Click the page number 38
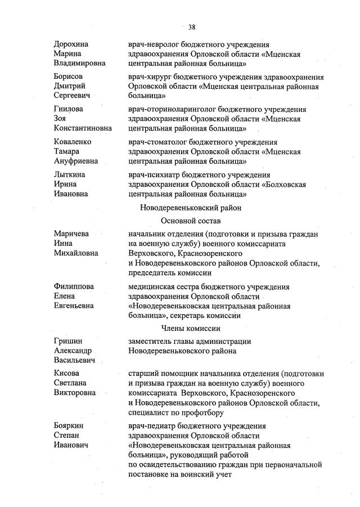[x=192, y=26]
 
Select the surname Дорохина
[x=71, y=44]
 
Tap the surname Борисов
[x=69, y=77]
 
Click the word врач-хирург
[x=149, y=77]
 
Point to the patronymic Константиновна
[x=83, y=128]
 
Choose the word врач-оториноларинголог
[x=172, y=109]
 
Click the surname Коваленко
[x=73, y=142]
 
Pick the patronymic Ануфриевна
[x=76, y=161]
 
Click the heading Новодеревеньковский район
[x=191, y=208]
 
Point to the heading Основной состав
[x=191, y=221]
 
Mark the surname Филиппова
[x=74, y=286]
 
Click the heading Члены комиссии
[x=191, y=329]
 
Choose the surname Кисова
[x=66, y=373]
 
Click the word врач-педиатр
[x=150, y=426]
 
